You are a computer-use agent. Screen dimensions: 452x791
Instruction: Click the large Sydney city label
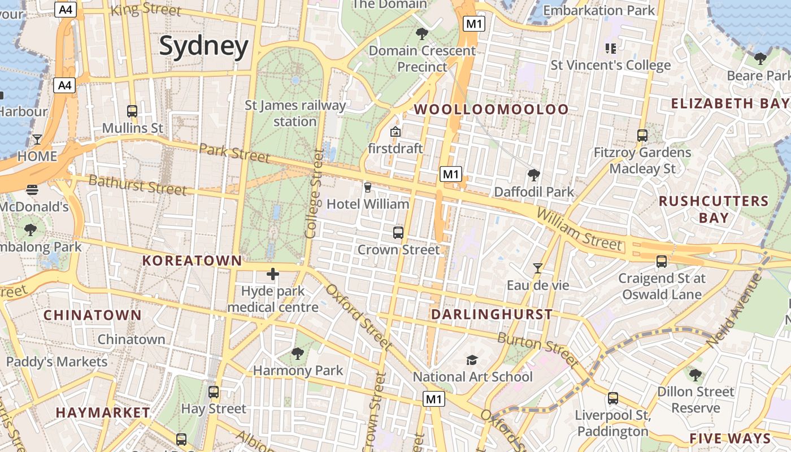click(x=203, y=46)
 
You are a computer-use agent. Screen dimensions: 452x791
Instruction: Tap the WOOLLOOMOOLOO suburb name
click(x=492, y=110)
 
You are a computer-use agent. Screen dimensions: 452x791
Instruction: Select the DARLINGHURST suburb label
click(x=492, y=315)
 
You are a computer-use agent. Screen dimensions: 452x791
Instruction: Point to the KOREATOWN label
click(x=192, y=260)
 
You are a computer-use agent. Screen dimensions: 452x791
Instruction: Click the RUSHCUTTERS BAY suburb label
click(x=714, y=210)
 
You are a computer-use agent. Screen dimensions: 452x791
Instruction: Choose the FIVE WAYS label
click(x=730, y=438)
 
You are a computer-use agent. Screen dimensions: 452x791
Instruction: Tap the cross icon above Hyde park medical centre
click(x=273, y=275)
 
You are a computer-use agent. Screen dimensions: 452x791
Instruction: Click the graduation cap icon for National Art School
click(x=472, y=360)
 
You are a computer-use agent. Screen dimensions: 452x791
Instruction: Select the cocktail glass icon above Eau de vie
click(x=538, y=268)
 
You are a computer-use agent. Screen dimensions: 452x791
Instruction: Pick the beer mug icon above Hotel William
click(x=368, y=187)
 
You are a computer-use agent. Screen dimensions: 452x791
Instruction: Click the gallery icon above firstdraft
click(x=395, y=132)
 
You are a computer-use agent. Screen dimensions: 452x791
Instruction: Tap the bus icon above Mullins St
click(x=132, y=111)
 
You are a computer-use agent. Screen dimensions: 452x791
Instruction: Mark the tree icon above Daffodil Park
click(x=533, y=175)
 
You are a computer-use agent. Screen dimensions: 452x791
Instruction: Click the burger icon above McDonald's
click(x=32, y=190)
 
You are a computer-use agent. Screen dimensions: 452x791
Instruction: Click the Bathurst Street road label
click(x=137, y=185)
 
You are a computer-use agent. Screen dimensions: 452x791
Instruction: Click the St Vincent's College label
click(x=611, y=65)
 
